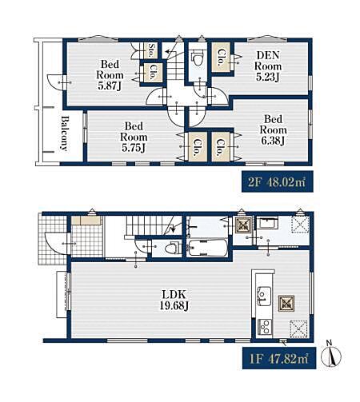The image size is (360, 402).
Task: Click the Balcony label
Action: (65, 133)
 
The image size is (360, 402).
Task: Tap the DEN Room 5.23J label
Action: (268, 66)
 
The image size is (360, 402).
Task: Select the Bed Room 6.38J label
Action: (273, 129)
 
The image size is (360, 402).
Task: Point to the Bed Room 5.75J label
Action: (134, 137)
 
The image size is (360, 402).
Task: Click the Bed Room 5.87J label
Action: (110, 75)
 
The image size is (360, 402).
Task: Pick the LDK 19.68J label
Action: (174, 301)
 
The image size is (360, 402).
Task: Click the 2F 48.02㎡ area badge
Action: (278, 182)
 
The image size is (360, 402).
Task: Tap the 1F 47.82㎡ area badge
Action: (279, 359)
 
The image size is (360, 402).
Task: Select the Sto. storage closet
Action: (151, 50)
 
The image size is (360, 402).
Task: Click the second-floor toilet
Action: (198, 59)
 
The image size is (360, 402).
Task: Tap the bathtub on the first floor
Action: (207, 248)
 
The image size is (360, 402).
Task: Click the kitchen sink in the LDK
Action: (264, 296)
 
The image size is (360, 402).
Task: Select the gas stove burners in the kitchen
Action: (265, 327)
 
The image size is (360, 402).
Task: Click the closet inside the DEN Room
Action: (221, 58)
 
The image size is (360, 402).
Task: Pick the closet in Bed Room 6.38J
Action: (221, 147)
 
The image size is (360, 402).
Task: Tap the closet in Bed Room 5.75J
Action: (198, 147)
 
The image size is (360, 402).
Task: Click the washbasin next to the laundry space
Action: (267, 223)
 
